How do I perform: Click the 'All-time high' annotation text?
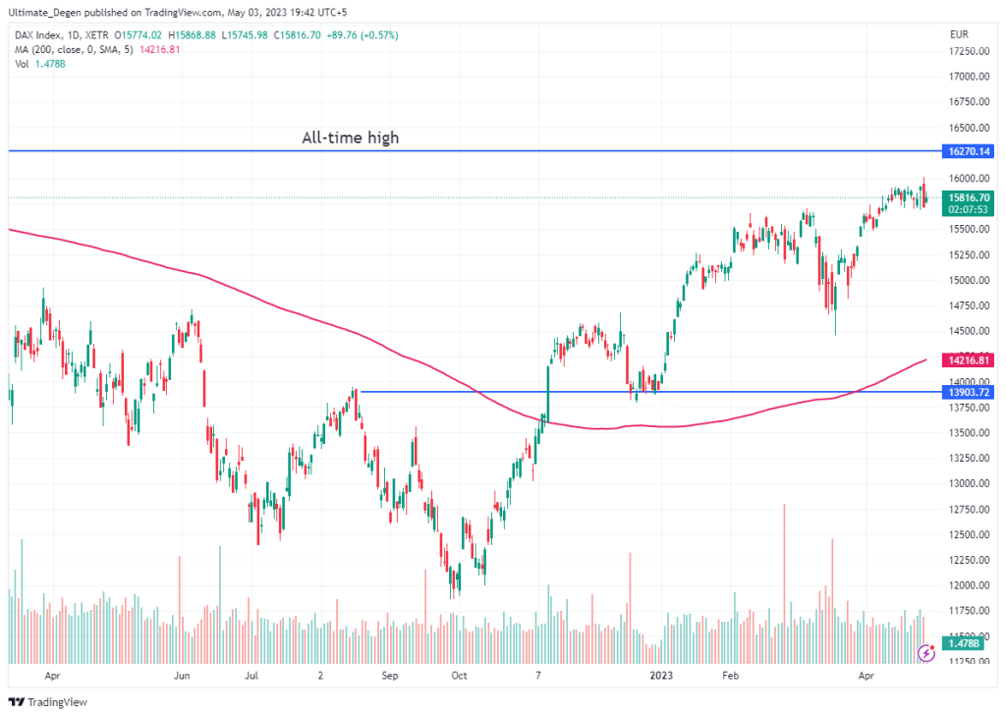[350, 138]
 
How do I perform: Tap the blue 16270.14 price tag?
[967, 151]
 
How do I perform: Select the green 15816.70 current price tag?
[967, 197]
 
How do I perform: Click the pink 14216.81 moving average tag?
[967, 360]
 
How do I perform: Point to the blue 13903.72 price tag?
[967, 392]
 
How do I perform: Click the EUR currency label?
[959, 34]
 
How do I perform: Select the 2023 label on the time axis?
[659, 676]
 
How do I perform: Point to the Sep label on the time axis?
[389, 676]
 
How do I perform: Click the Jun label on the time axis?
[181, 676]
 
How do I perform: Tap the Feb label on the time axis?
[729, 676]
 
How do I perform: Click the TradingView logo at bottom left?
[48, 702]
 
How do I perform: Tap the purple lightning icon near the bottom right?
[924, 652]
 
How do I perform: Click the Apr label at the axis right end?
[866, 676]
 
